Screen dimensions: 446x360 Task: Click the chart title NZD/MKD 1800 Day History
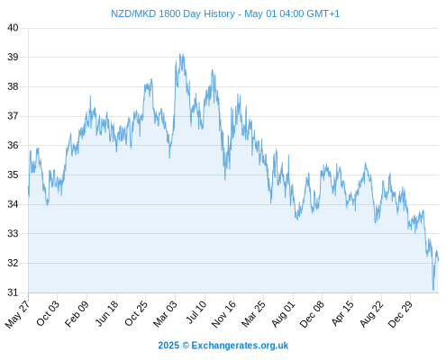click(173, 13)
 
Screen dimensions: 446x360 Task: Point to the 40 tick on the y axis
click(13, 28)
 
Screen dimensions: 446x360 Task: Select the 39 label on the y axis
click(13, 57)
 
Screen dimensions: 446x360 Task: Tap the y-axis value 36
click(13, 146)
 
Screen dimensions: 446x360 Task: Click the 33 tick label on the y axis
click(13, 233)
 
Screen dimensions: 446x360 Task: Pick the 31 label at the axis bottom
click(13, 292)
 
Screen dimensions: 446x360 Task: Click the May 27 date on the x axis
click(17, 314)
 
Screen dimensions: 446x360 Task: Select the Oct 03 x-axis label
click(48, 313)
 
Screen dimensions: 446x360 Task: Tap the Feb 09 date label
click(77, 313)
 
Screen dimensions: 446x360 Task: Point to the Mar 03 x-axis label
click(166, 313)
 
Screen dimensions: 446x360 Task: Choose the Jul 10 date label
click(196, 312)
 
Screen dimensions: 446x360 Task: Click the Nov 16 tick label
click(223, 314)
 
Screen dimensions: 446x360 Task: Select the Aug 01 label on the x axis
click(284, 313)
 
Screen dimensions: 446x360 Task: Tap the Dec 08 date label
click(313, 314)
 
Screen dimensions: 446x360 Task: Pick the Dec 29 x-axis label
click(401, 314)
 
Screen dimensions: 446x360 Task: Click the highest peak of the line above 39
click(180, 54)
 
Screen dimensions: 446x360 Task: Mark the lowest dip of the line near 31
click(433, 290)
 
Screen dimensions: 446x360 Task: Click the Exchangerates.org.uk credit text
click(240, 346)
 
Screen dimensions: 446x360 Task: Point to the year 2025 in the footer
click(168, 346)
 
